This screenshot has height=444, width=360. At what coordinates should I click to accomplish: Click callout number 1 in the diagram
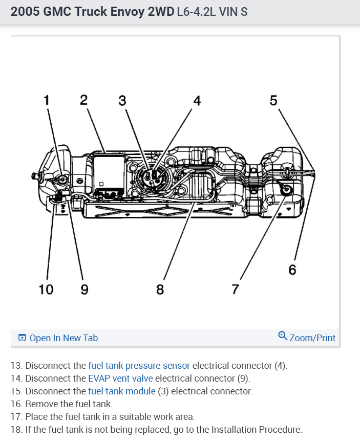(x=46, y=100)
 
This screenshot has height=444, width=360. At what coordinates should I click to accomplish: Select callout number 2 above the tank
(x=83, y=100)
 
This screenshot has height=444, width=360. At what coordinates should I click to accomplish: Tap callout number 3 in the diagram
(x=122, y=100)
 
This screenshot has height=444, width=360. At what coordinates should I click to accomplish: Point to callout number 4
(x=197, y=100)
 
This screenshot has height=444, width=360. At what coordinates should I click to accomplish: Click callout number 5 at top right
(x=273, y=100)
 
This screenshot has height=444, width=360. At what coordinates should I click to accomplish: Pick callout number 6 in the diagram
(x=292, y=270)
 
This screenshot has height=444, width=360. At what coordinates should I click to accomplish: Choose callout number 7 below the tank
(x=235, y=290)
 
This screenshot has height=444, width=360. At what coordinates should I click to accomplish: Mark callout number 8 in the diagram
(x=160, y=290)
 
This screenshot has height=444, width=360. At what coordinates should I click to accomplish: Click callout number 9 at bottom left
(x=84, y=290)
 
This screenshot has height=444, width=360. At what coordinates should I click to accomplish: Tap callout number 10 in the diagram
(x=46, y=290)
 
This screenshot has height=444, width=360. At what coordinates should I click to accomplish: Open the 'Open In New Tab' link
(x=63, y=338)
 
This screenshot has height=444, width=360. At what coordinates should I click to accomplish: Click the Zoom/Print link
(x=312, y=338)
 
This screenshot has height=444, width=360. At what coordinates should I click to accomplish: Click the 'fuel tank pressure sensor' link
(x=139, y=366)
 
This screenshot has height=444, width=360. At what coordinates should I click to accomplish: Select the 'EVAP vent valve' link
(x=120, y=379)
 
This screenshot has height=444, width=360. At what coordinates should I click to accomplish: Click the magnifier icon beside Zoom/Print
(x=283, y=336)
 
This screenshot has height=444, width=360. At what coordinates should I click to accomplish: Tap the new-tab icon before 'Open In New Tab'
(x=22, y=338)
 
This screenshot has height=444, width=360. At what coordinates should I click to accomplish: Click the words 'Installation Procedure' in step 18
(x=259, y=430)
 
